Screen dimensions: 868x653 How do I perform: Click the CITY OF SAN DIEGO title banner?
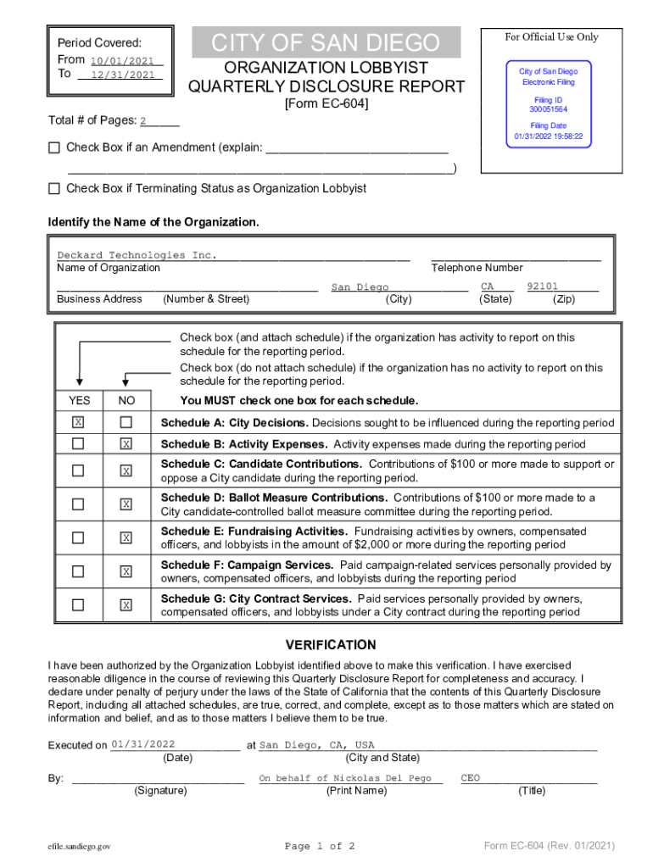coord(326,42)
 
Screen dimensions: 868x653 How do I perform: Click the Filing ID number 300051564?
coord(548,110)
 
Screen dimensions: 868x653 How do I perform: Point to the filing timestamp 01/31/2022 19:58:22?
coord(548,136)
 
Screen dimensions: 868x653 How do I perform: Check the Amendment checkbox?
coord(54,147)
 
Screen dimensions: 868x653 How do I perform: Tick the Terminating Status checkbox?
coord(54,188)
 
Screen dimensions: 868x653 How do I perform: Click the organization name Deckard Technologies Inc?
coord(137,255)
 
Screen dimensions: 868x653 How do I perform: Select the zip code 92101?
coord(542,287)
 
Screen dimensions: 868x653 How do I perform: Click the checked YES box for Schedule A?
coord(78,422)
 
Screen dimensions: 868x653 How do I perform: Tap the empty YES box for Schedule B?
coord(78,444)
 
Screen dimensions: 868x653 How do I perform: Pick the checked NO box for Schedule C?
coord(126,470)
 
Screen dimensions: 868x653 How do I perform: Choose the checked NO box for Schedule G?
coord(126,605)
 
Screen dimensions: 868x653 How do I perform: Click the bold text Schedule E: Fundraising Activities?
coord(254,531)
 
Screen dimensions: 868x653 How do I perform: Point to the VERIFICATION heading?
coord(331,645)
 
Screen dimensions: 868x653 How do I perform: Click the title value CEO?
coord(471,778)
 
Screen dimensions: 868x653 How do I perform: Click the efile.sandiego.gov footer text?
coord(80,846)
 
